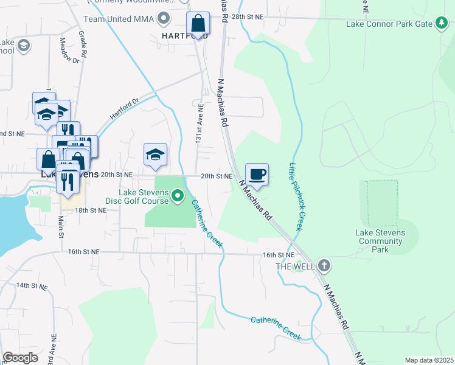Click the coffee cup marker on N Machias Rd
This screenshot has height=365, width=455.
257,175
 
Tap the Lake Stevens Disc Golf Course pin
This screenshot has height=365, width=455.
178,196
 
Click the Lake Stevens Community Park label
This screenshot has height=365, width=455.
380,241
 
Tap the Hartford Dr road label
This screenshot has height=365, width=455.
125,109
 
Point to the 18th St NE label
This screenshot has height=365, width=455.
91,210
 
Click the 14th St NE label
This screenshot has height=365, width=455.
31,285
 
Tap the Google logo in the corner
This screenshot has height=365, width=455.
20,358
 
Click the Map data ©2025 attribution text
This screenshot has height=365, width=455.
429,360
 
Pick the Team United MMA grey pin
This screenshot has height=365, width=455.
162,19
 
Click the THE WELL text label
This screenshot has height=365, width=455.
296,266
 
